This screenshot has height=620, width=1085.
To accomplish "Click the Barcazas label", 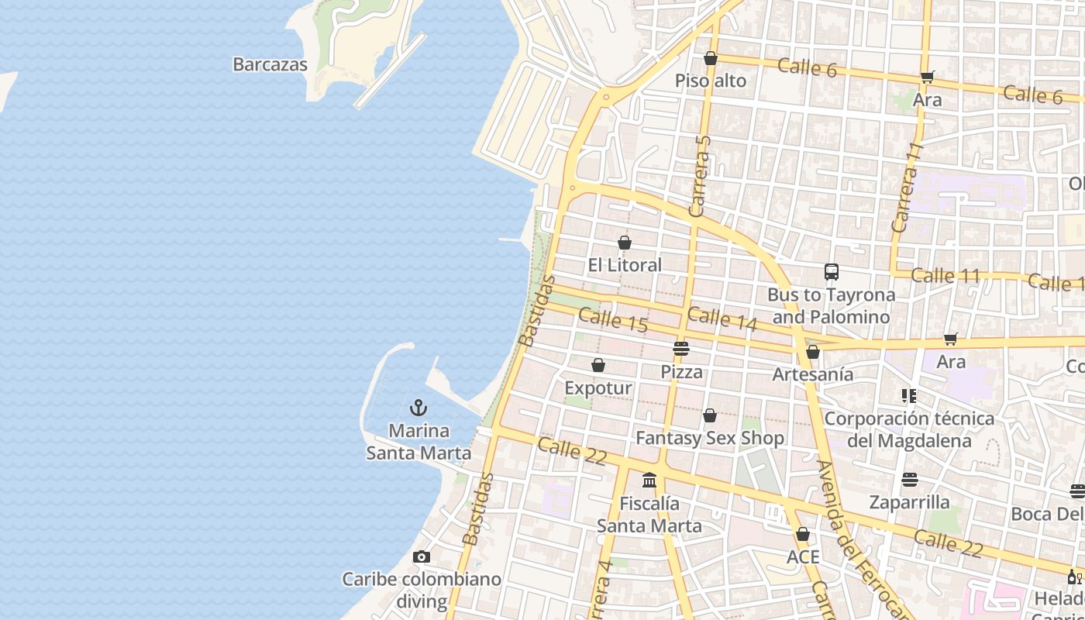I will click(270, 65).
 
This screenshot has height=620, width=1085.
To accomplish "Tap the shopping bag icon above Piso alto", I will click(711, 58).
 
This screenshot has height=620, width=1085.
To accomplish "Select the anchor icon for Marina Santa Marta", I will click(418, 408).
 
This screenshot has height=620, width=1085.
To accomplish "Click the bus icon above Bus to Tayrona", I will click(832, 272).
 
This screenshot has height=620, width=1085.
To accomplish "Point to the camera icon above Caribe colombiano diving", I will click(422, 556).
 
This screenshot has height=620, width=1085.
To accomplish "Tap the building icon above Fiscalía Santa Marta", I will click(649, 480).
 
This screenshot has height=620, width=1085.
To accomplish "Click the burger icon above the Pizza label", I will click(681, 349).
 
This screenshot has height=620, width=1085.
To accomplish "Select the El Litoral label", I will click(625, 265).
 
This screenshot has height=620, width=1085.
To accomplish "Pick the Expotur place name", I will click(598, 387).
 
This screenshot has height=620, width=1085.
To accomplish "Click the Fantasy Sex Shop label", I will click(710, 438).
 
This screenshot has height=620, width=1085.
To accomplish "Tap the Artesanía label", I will click(813, 374).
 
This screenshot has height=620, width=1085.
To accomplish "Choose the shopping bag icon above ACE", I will click(803, 535).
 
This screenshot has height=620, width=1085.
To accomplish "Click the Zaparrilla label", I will click(909, 502).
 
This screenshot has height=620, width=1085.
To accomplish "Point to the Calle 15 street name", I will click(613, 321).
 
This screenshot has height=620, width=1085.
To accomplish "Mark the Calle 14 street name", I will click(722, 319).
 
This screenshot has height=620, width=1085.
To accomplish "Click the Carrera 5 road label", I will click(699, 176).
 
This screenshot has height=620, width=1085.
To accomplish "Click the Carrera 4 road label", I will click(601, 593).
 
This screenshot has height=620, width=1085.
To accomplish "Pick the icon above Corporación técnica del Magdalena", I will click(909, 396).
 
